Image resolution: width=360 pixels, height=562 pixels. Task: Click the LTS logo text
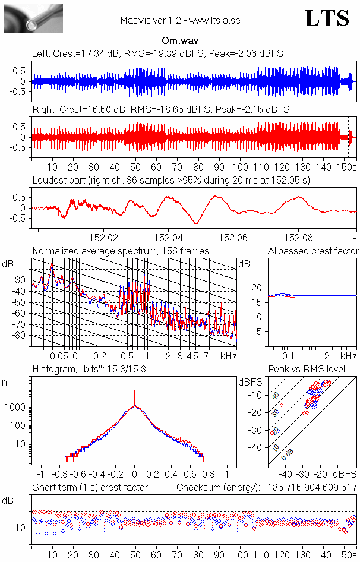click(x=327, y=18)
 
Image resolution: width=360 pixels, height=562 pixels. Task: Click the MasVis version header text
click(x=180, y=20)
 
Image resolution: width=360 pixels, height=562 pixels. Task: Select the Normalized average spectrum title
click(x=121, y=251)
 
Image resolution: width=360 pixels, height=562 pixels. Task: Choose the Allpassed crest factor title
click(x=313, y=251)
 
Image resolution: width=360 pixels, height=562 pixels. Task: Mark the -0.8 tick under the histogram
click(x=61, y=475)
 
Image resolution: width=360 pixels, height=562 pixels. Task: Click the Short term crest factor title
click(x=90, y=487)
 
